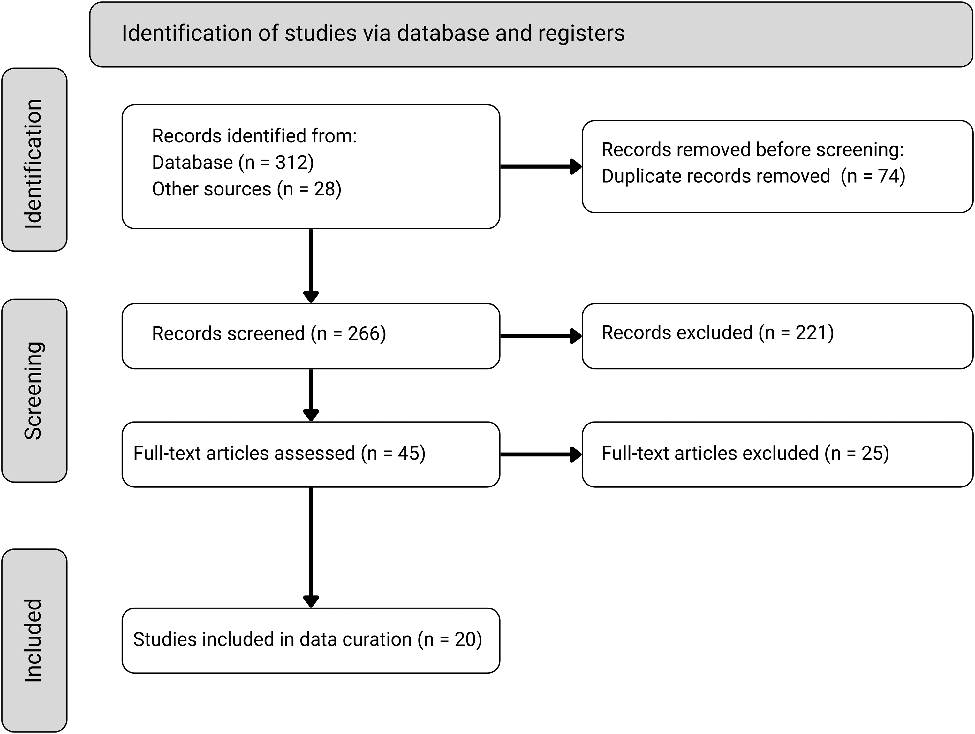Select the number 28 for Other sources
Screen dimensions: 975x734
click(x=324, y=189)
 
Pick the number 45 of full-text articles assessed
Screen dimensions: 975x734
click(x=408, y=454)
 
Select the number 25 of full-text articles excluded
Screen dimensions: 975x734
click(x=872, y=454)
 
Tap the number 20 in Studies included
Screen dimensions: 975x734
click(x=465, y=639)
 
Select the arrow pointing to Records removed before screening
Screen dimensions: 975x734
click(x=541, y=167)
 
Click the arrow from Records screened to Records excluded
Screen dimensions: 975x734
click(x=541, y=336)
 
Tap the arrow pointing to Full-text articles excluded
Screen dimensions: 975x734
click(x=541, y=454)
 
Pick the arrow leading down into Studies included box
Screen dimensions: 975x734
click(x=311, y=547)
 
